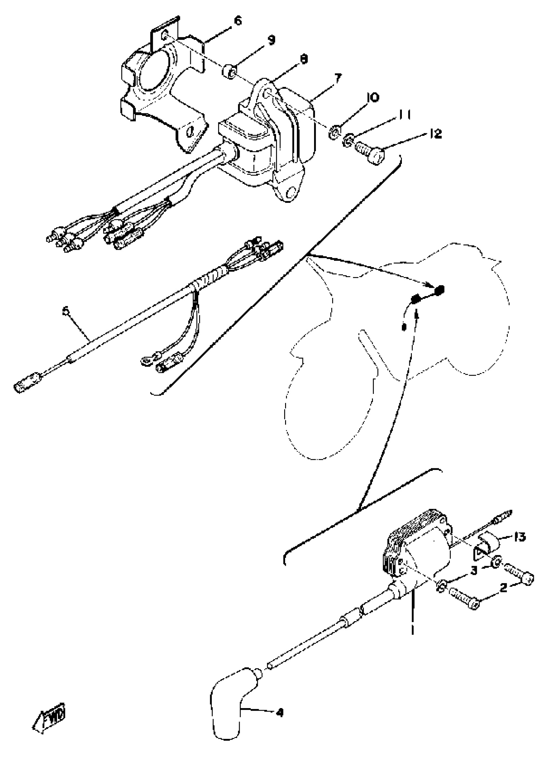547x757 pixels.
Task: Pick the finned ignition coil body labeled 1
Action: pyautogui.click(x=421, y=551)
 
